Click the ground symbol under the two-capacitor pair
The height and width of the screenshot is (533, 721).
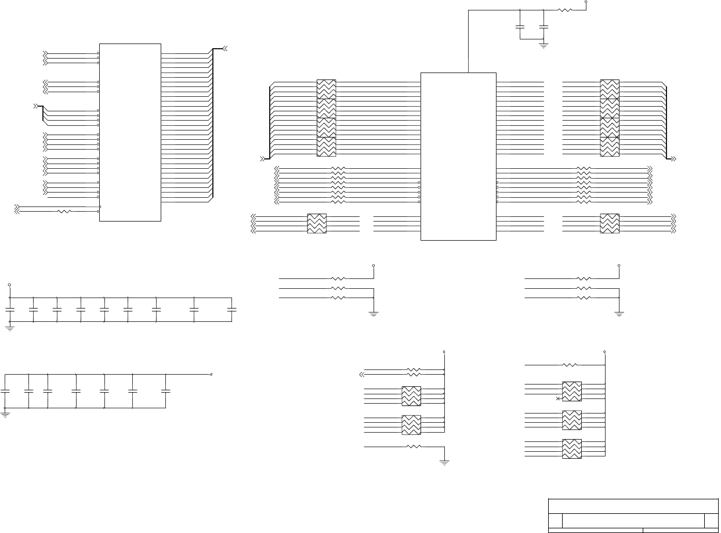pyautogui.click(x=544, y=44)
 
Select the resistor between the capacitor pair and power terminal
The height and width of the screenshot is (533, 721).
pyautogui.click(x=565, y=10)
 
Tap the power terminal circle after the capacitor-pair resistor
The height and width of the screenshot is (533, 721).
pyautogui.click(x=586, y=2)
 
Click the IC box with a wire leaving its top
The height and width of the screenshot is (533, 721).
pyautogui.click(x=458, y=156)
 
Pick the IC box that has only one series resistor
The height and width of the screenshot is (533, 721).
pyautogui.click(x=130, y=132)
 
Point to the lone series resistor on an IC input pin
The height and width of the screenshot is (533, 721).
pyautogui.click(x=64, y=212)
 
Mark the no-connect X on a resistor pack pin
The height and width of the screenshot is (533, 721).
pyautogui.click(x=558, y=398)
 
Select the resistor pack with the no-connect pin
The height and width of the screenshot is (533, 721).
pyautogui.click(x=572, y=391)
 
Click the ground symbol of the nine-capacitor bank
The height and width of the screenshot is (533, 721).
pyautogui.click(x=9, y=328)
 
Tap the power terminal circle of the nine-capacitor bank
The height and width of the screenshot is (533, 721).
pyautogui.click(x=9, y=285)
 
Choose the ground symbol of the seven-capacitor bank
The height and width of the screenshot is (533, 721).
pyautogui.click(x=5, y=414)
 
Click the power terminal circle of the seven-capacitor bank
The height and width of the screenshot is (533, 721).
pyautogui.click(x=211, y=374)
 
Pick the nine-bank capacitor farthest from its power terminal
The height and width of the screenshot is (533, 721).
pyautogui.click(x=232, y=310)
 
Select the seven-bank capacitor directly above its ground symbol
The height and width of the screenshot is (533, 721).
pyautogui.click(x=5, y=391)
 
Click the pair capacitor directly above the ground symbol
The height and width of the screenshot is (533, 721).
pyautogui.click(x=544, y=27)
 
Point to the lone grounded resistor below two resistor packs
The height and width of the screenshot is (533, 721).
pyautogui.click(x=414, y=447)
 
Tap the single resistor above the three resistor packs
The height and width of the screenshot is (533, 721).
pyautogui.click(x=570, y=365)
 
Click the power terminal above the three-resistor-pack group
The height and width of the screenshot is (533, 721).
pyautogui.click(x=605, y=351)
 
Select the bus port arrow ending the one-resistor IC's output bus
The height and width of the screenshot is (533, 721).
pyautogui.click(x=225, y=48)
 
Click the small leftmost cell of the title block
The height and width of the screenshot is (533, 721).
pyautogui.click(x=555, y=520)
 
